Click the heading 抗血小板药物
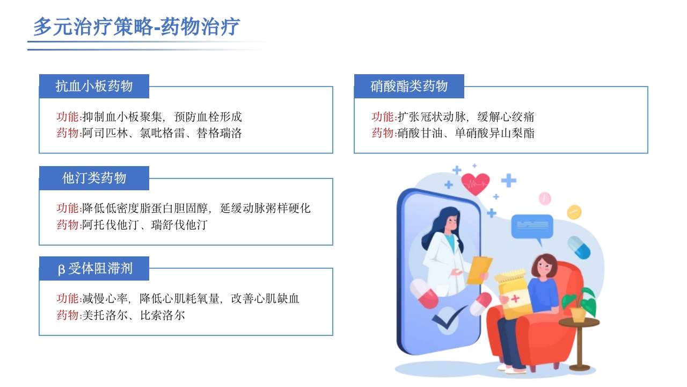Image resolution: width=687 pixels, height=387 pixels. (94, 86)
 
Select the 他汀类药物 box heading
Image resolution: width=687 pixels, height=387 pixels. (94, 178)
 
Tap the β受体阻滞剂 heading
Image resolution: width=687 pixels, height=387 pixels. (94, 268)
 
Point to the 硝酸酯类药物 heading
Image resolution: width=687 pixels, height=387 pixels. (409, 86)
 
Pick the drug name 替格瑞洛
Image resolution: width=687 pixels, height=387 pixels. (219, 133)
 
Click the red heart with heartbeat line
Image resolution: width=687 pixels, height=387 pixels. (475, 184)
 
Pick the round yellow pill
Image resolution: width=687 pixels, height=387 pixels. (574, 212)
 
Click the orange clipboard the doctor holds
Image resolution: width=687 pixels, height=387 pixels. (479, 270)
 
